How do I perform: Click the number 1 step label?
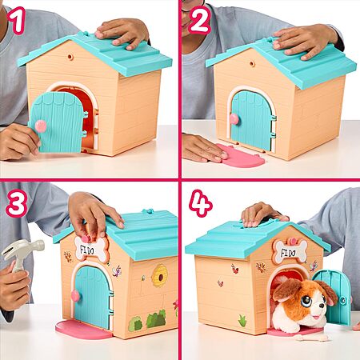pyautogui.click(x=17, y=21)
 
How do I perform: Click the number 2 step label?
pyautogui.click(x=199, y=19)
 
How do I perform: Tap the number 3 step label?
pyautogui.click(x=17, y=203)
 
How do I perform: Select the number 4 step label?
pyautogui.click(x=201, y=203)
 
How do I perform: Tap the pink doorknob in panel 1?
pyautogui.click(x=41, y=126)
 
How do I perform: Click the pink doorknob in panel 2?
pyautogui.click(x=234, y=118)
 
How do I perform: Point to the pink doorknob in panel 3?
pyautogui.click(x=75, y=296)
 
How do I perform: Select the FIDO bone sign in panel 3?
pyautogui.click(x=92, y=249)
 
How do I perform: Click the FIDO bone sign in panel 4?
pyautogui.click(x=290, y=250)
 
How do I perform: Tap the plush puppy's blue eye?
pyautogui.click(x=306, y=301)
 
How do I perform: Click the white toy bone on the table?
pyautogui.click(x=311, y=338)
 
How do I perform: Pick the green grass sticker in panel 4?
pyautogui.click(x=242, y=321)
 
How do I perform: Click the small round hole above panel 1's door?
pyautogui.click(x=70, y=57)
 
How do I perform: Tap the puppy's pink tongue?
pyautogui.click(x=316, y=318)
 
